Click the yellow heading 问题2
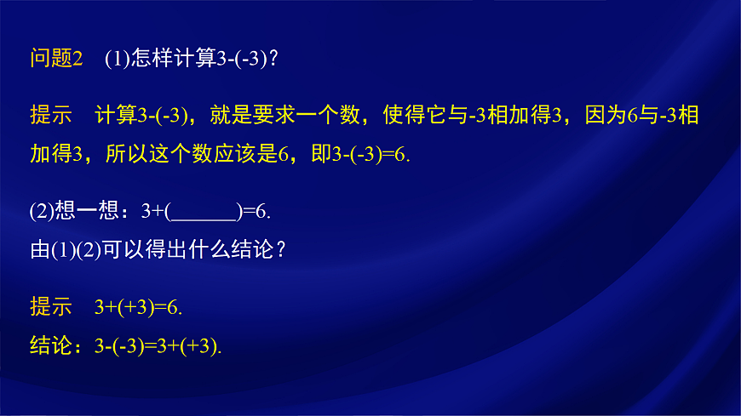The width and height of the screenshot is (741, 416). [55, 59]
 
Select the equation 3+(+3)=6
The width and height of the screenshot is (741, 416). [139, 308]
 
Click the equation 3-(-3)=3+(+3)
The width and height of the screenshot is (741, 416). [158, 345]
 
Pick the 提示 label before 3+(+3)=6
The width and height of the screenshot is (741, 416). [50, 308]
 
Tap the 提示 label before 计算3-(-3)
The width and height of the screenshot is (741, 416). [50, 115]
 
